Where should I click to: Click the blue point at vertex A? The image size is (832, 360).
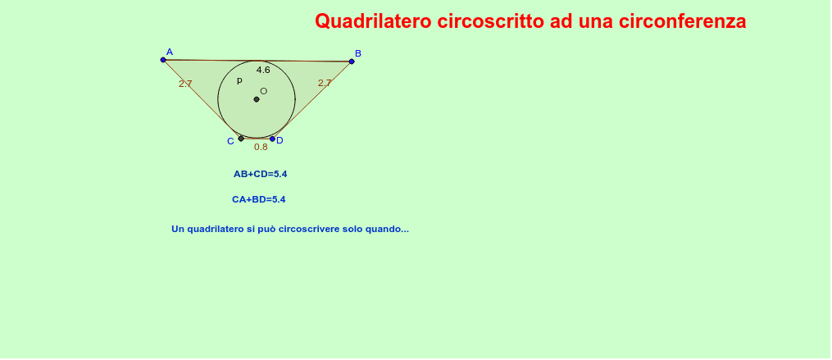163,60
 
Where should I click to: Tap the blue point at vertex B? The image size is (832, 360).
352,62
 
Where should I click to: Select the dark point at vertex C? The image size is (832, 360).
241,139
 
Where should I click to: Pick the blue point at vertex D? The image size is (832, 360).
272,139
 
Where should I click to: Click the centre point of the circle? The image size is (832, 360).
257,99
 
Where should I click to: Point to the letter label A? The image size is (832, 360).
169,52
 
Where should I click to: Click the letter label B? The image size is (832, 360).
358,53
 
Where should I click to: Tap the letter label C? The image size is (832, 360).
230,141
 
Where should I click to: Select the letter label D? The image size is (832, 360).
280,141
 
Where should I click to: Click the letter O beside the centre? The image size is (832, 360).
264,91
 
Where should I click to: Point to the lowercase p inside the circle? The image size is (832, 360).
239,80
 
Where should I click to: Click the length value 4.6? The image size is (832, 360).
263,70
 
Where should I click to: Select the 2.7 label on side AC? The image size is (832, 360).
185,84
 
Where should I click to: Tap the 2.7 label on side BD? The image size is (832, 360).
325,83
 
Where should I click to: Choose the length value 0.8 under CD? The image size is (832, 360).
261,147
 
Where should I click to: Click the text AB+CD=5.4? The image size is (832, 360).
260,174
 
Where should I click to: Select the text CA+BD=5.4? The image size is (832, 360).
258,199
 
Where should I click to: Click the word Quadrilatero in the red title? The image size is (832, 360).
374,22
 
